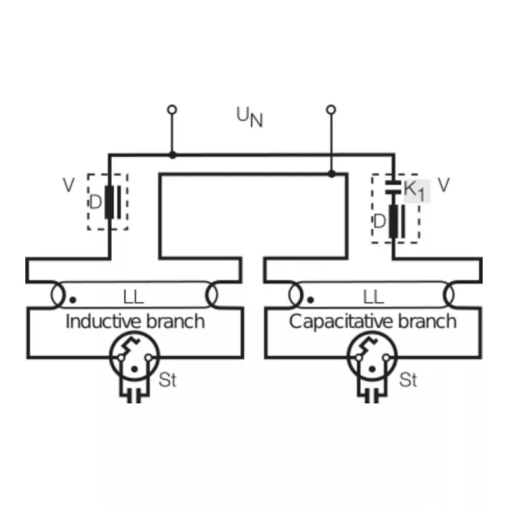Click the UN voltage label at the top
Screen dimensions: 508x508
click(250, 117)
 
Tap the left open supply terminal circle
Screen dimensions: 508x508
click(172, 110)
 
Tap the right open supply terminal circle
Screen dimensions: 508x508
click(331, 110)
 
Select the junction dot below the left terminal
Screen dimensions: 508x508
click(173, 155)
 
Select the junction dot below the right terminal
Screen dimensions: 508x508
click(331, 174)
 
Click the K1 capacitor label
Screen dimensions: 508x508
click(415, 190)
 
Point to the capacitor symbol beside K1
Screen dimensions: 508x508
click(393, 187)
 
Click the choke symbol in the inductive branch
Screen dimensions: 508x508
click(112, 202)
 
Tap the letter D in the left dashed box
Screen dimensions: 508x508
click(95, 202)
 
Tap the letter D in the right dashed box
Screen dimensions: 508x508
click(380, 222)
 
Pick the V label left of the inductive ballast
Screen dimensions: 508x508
click(69, 185)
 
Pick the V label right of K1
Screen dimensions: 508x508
click(443, 185)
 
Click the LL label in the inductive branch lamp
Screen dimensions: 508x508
click(133, 297)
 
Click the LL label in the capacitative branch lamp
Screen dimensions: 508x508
click(373, 297)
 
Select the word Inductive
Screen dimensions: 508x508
click(104, 321)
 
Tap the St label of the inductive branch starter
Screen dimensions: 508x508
click(168, 380)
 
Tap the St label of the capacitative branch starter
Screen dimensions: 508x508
click(408, 380)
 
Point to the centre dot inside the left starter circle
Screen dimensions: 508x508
click(135, 369)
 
